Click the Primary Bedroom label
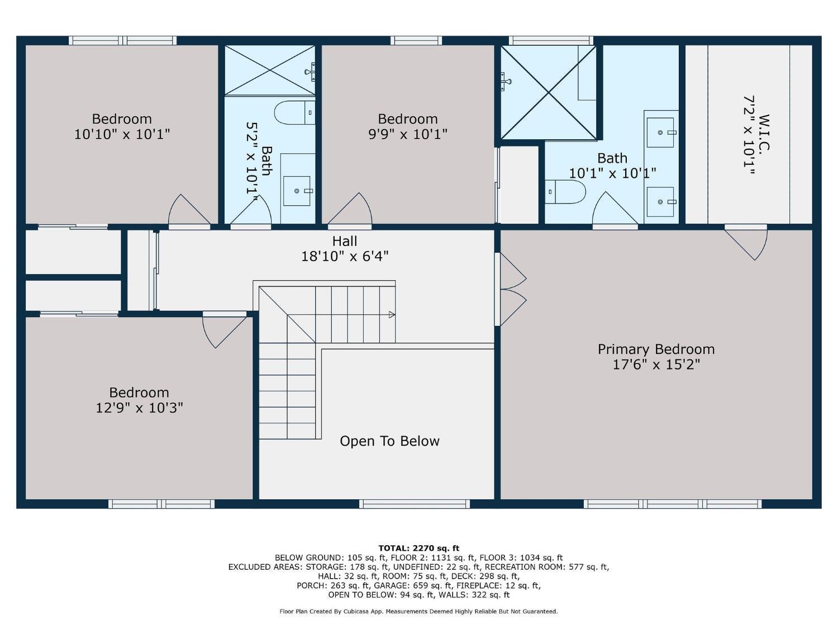tap(656, 349)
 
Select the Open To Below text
tap(389, 441)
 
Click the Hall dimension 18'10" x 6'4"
tap(345, 257)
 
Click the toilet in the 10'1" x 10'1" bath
tap(565, 192)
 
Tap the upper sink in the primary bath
tap(661, 133)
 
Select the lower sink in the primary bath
tap(661, 201)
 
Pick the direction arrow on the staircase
tap(392, 315)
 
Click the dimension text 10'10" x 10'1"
tap(122, 134)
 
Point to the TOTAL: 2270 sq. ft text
tap(418, 548)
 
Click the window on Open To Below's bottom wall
tap(415, 504)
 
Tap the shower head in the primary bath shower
tap(506, 81)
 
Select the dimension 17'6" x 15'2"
tap(656, 365)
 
